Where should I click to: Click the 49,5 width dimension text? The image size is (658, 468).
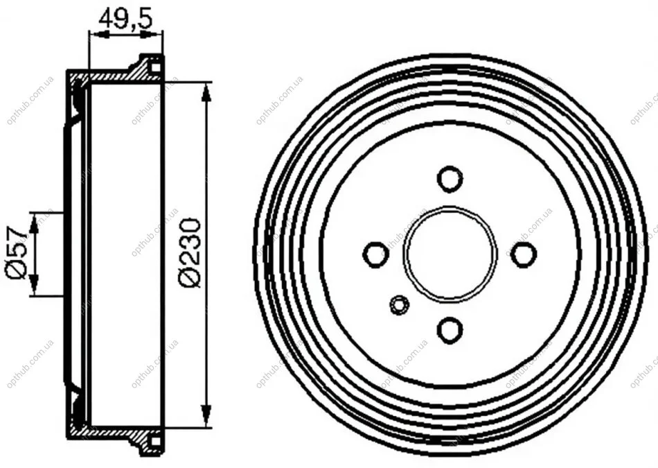(x=125, y=19)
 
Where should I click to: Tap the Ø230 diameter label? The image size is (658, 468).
(x=190, y=252)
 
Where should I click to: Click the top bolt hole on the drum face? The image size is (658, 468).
(x=450, y=179)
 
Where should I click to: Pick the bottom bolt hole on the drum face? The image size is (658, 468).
(x=450, y=330)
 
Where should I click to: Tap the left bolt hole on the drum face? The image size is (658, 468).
(x=375, y=254)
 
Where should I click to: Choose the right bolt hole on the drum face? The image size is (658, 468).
(x=524, y=254)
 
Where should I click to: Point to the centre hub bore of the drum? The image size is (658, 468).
(x=450, y=253)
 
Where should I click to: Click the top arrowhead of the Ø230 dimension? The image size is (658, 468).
(x=205, y=92)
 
